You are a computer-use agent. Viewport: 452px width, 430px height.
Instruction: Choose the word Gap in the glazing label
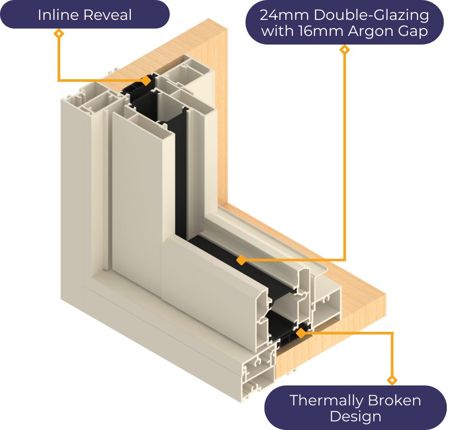click(414, 31)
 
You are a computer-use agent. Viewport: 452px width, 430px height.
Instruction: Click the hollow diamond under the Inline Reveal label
click(58, 33)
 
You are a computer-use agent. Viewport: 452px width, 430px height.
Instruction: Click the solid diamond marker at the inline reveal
click(146, 80)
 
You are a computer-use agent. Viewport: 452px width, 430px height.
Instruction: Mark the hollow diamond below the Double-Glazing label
click(345, 50)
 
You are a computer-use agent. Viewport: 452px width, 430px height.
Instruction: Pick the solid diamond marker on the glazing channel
click(241, 260)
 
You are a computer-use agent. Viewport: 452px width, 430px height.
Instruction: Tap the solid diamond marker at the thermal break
click(300, 333)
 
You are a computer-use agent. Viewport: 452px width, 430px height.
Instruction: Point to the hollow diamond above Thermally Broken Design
click(392, 380)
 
